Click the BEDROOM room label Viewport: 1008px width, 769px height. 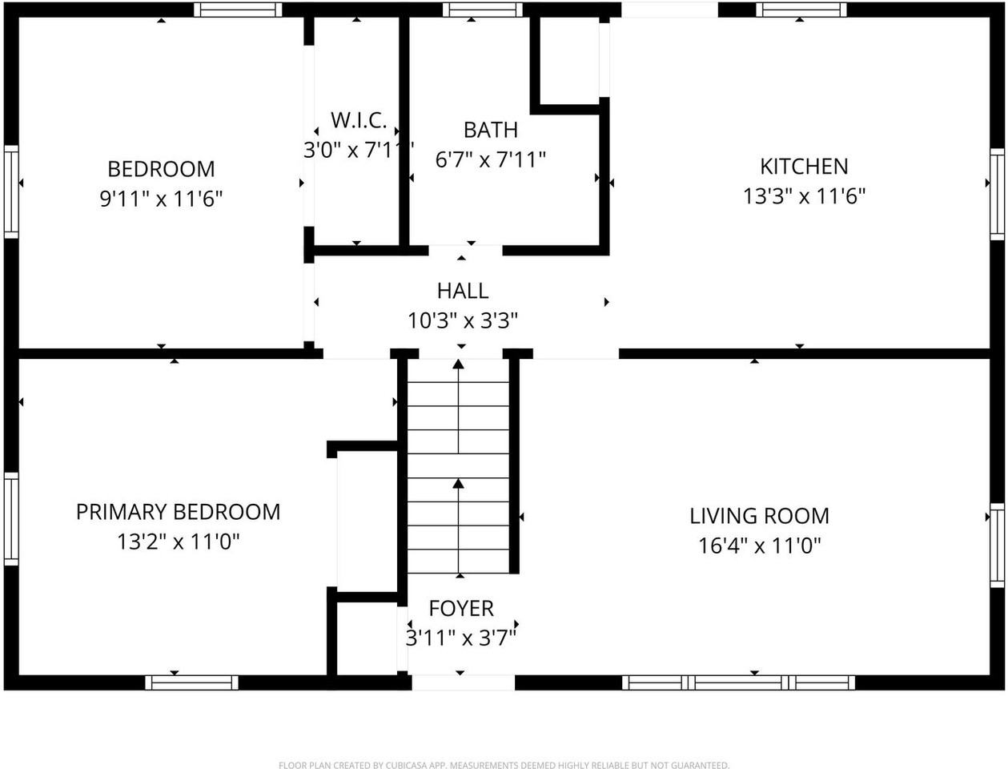pyautogui.click(x=161, y=169)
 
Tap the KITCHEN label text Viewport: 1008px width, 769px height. pyautogui.click(x=804, y=167)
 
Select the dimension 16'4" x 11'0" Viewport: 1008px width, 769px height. pyautogui.click(x=759, y=546)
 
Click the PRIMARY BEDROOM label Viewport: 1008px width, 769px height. pyautogui.click(x=178, y=512)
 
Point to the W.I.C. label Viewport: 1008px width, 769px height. pyautogui.click(x=359, y=121)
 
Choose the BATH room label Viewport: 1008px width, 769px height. pyautogui.click(x=490, y=130)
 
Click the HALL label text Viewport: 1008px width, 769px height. pyautogui.click(x=463, y=291)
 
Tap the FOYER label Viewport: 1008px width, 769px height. pyautogui.click(x=461, y=609)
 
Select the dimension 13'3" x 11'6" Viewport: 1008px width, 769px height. pyautogui.click(x=804, y=196)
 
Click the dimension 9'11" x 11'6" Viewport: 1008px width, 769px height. pyautogui.click(x=161, y=199)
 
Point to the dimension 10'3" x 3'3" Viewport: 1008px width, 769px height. pyautogui.click(x=463, y=320)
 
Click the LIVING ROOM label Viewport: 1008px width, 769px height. pyautogui.click(x=759, y=516)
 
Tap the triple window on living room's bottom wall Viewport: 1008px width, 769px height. pyautogui.click(x=738, y=682)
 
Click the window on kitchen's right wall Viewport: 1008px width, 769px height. pyautogui.click(x=997, y=193)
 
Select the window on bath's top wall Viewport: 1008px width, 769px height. pyautogui.click(x=482, y=10)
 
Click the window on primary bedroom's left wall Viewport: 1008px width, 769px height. pyautogui.click(x=11, y=518)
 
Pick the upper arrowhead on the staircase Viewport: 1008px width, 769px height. pyautogui.click(x=458, y=364)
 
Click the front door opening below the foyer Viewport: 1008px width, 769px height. pyautogui.click(x=463, y=682)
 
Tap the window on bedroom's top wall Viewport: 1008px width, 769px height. pyautogui.click(x=238, y=10)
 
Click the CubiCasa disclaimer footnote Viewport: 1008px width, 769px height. pyautogui.click(x=504, y=765)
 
